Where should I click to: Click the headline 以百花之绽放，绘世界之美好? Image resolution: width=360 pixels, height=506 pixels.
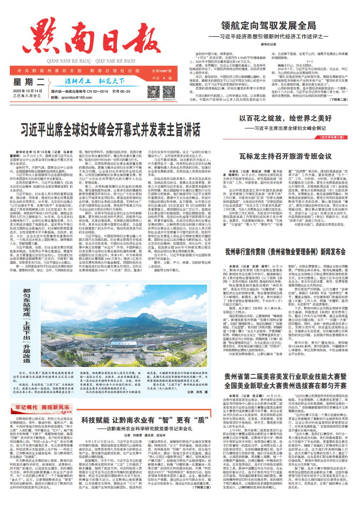tap(285, 118)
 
